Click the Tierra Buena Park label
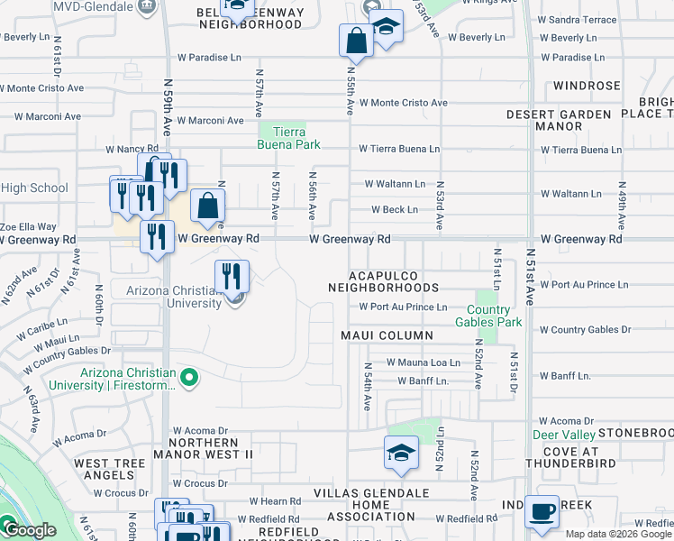point(284,137)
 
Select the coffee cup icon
point(541,511)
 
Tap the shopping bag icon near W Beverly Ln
point(356,41)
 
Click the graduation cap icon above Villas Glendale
point(401,452)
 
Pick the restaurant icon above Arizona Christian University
point(232,275)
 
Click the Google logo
point(29,530)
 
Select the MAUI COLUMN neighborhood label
point(387,335)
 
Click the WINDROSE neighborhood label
point(587,86)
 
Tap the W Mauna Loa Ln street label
point(423,362)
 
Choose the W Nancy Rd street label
point(132,149)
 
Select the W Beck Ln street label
point(395,210)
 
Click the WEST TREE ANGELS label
point(109,469)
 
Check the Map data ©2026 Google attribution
point(618,534)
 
